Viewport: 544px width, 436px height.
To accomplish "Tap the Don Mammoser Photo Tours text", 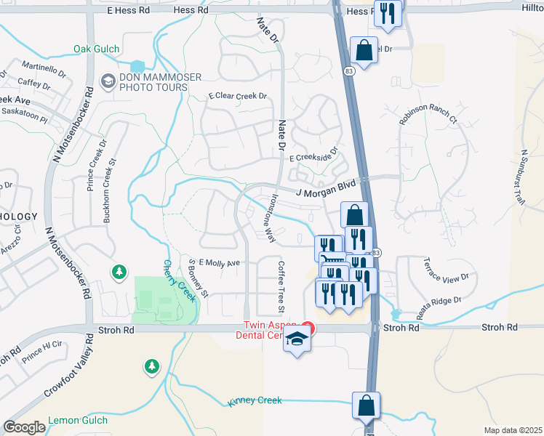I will pyautogui.click(x=153, y=82).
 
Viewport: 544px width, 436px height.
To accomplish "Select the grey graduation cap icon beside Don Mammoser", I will pyautogui.click(x=108, y=80).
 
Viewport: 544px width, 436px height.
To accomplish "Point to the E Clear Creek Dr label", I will pyautogui.click(x=238, y=96).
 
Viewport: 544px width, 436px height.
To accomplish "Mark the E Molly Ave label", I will pyautogui.click(x=218, y=262).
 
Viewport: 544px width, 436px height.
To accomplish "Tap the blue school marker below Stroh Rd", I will pyautogui.click(x=296, y=341).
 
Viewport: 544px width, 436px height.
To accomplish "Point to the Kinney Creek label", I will pyautogui.click(x=255, y=401).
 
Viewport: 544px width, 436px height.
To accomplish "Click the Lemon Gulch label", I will pyautogui.click(x=78, y=420).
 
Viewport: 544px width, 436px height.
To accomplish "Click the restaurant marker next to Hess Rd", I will pyautogui.click(x=387, y=12).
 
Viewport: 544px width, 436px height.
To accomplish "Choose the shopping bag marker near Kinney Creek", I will pyautogui.click(x=366, y=405).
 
